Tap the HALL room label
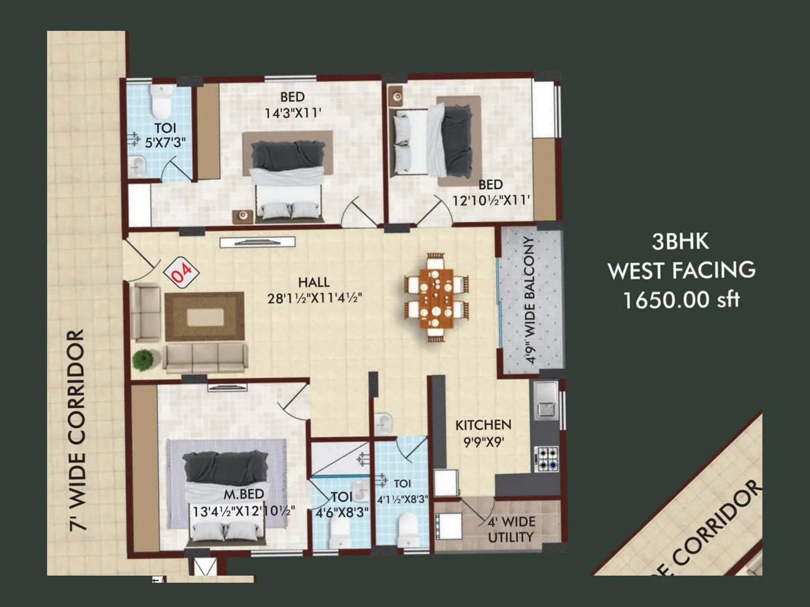click(314, 282)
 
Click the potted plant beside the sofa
click(143, 360)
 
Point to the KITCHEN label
click(483, 425)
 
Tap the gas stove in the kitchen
click(547, 458)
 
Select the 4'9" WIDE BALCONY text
click(530, 300)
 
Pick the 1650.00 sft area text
click(681, 300)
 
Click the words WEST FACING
click(681, 271)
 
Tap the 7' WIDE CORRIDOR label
click(77, 430)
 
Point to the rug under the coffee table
click(205, 317)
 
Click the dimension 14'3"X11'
click(293, 112)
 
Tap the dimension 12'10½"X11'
click(491, 201)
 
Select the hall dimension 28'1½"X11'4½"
click(314, 298)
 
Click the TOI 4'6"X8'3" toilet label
click(342, 505)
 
